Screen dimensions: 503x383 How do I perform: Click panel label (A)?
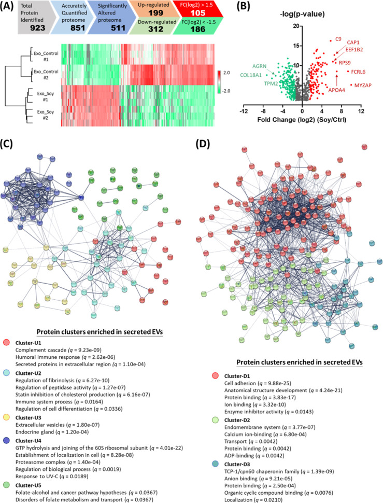[x=10, y=7]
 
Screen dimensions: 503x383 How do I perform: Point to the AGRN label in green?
[x=260, y=66]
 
